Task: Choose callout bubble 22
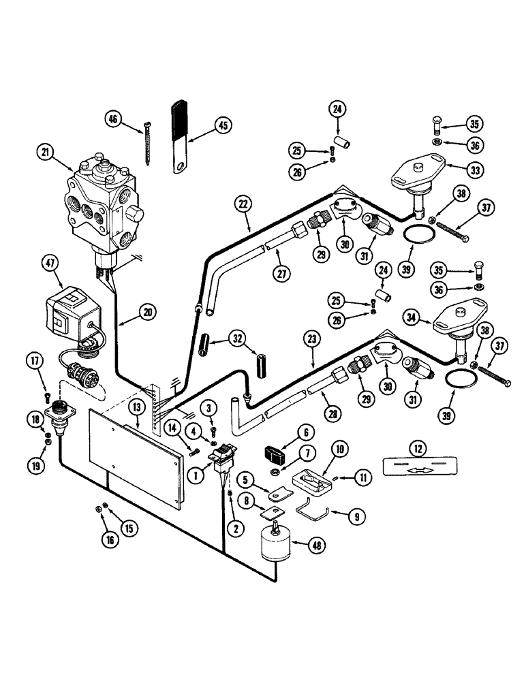[241, 202]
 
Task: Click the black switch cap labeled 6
[274, 452]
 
